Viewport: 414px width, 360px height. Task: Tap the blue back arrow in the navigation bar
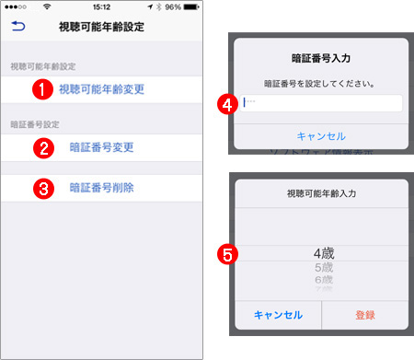click(18, 29)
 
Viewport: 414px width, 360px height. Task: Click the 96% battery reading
click(172, 7)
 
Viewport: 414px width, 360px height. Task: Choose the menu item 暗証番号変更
click(101, 145)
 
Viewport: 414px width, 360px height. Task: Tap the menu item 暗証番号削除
click(101, 188)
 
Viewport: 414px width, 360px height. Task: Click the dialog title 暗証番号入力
click(321, 58)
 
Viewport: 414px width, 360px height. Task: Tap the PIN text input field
click(321, 103)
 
